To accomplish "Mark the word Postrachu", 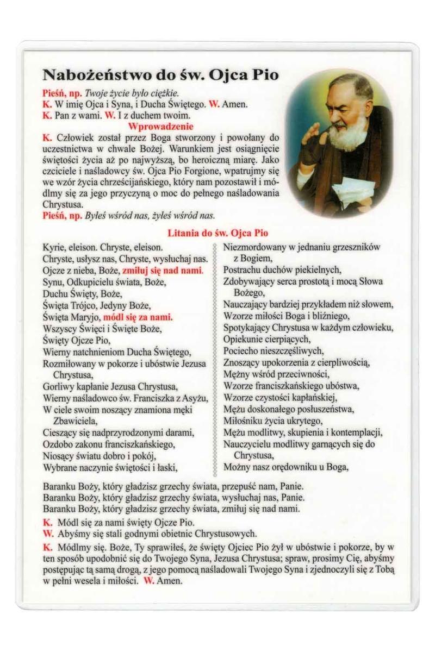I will click(243, 270).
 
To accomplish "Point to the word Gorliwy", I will click(57, 387).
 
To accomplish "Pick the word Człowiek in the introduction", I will click(73, 138).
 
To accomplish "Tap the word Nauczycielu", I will click(247, 444).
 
